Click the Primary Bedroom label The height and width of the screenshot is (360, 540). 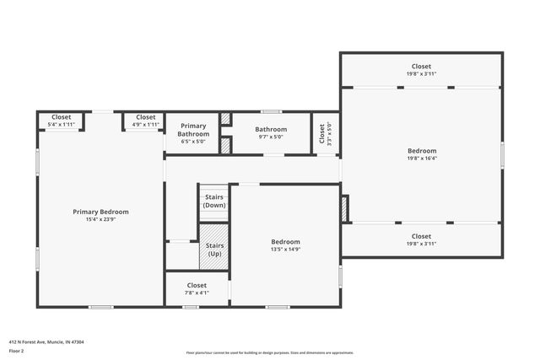pyautogui.click(x=100, y=212)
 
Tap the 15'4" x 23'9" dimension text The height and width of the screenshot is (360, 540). pyautogui.click(x=100, y=219)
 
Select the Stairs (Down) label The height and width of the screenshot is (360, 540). pyautogui.click(x=214, y=201)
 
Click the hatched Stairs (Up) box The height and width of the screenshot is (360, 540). pyautogui.click(x=214, y=243)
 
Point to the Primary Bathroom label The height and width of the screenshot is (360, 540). pyautogui.click(x=192, y=131)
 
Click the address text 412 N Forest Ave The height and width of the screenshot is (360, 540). pyautogui.click(x=46, y=341)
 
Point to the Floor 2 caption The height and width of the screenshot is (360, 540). pyautogui.click(x=17, y=350)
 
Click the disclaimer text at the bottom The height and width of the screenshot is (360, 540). pyautogui.click(x=270, y=352)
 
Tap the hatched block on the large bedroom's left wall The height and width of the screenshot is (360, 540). pyautogui.click(x=344, y=209)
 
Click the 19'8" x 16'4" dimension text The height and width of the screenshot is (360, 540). pyautogui.click(x=421, y=159)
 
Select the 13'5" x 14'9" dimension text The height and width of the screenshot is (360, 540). pyautogui.click(x=285, y=249)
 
